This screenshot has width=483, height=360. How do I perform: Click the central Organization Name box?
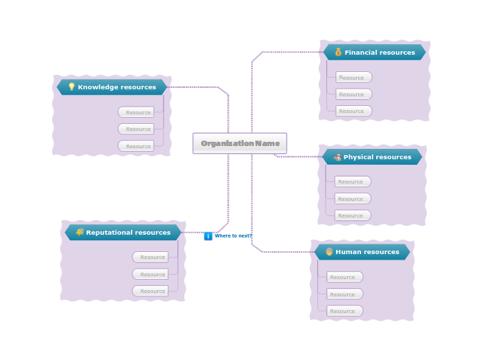tap(239, 143)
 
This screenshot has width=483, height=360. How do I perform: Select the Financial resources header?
tap(374, 53)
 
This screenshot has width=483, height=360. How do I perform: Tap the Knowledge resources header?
tap(112, 87)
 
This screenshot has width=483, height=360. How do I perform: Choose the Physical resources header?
tap(372, 157)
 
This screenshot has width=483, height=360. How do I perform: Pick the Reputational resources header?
tap(123, 233)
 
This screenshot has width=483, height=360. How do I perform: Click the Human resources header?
tap(362, 252)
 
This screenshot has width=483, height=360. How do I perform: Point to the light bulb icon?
tap(71, 87)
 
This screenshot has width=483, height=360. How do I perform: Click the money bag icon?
tap(338, 52)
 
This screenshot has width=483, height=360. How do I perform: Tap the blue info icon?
tap(208, 236)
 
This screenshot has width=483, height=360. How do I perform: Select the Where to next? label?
tap(233, 236)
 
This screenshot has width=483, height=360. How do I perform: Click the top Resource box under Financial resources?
tap(353, 78)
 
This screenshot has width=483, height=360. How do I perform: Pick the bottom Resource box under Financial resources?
tap(353, 111)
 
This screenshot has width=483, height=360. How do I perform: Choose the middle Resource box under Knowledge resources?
tap(136, 129)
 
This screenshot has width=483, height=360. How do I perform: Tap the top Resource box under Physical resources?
tap(352, 181)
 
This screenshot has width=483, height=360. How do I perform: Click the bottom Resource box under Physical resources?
tap(352, 215)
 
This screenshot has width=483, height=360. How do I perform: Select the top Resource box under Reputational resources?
tap(150, 257)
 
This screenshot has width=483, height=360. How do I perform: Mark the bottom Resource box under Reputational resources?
tap(150, 291)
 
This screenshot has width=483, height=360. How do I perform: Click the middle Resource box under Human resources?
tap(344, 294)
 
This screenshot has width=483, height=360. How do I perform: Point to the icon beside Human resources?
tap(329, 252)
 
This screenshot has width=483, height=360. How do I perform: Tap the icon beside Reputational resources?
tap(80, 232)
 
